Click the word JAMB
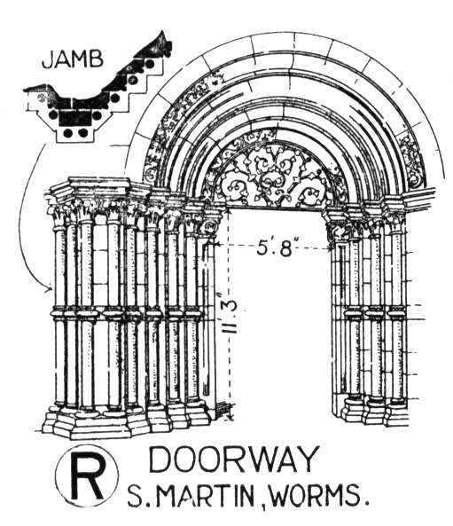tap(73, 60)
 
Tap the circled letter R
tap(87, 475)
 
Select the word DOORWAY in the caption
tap(233, 459)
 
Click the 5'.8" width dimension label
tap(274, 248)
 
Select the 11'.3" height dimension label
tap(230, 312)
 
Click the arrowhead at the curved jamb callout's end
tap(49, 289)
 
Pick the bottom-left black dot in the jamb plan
tap(68, 133)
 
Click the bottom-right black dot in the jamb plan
tap(82, 133)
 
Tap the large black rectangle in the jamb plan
tap(74, 117)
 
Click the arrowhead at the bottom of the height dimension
tap(230, 417)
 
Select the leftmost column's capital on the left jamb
tap(59, 216)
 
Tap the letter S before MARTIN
tap(135, 496)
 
